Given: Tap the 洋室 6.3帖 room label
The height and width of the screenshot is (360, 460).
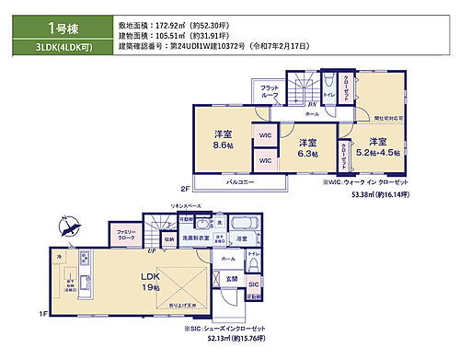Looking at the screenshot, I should click(x=305, y=149).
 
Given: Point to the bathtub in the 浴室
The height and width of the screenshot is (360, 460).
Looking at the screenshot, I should click(x=243, y=226).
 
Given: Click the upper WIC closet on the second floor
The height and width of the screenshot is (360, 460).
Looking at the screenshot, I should click(x=264, y=136).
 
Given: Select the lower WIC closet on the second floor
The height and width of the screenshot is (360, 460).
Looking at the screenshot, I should click(x=264, y=160).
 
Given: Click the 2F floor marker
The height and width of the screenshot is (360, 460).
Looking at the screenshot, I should click(x=185, y=189).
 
